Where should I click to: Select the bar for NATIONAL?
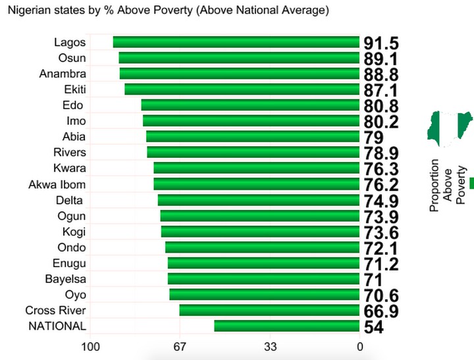pyautogui.click(x=286, y=326)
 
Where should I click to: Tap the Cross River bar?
pyautogui.click(x=269, y=310)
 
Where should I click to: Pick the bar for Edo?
pyautogui.click(x=250, y=105)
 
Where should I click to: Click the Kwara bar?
pyautogui.click(x=256, y=168)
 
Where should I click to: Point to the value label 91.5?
pyautogui.click(x=381, y=43)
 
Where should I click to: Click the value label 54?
pyautogui.click(x=373, y=327)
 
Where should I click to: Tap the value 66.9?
pyautogui.click(x=381, y=311)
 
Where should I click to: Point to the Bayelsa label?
pyautogui.click(x=65, y=279)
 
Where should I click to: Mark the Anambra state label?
pyautogui.click(x=63, y=74)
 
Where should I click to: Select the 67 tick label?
pyautogui.click(x=180, y=346)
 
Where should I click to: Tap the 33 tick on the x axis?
pyautogui.click(x=270, y=346)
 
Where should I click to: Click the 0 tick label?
pyautogui.click(x=359, y=346)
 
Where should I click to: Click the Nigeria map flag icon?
pyautogui.click(x=450, y=126)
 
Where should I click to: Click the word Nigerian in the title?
pyautogui.click(x=29, y=11)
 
